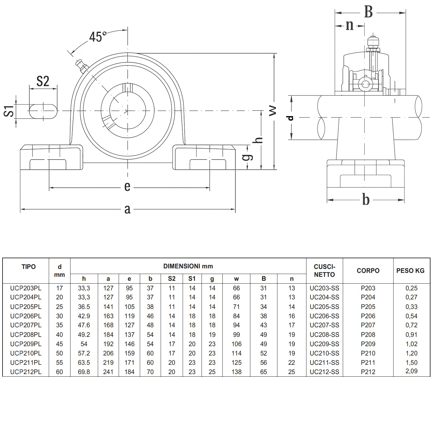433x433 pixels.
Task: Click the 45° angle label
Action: pyautogui.click(x=98, y=37)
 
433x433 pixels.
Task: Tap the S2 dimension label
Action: pyautogui.click(x=43, y=81)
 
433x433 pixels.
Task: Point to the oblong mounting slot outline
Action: pyautogui.click(x=43, y=111)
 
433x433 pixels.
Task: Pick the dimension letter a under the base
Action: pyautogui.click(x=127, y=209)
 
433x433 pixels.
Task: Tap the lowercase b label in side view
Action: pyautogui.click(x=366, y=200)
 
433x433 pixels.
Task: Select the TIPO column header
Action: pyautogui.click(x=28, y=267)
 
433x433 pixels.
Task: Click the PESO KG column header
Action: pyautogui.click(x=410, y=271)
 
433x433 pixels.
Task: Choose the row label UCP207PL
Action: pyautogui.click(x=26, y=325)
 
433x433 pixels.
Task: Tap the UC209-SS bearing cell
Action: pyautogui.click(x=324, y=344)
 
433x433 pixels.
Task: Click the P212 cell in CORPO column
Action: pyautogui.click(x=368, y=372)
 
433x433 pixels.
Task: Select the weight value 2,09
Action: pyautogui.click(x=411, y=371)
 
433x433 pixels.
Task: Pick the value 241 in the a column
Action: pyautogui.click(x=108, y=372)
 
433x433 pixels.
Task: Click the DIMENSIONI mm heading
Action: pyautogui.click(x=188, y=266)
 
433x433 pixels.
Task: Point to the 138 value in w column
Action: pyautogui.click(x=236, y=372)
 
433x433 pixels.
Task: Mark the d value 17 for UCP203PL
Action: pyautogui.click(x=59, y=288)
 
